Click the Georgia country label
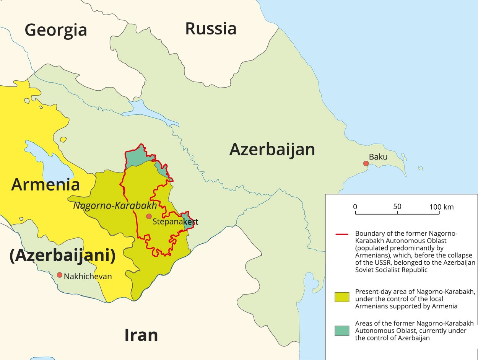tap(56, 30)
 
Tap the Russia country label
tap(211, 29)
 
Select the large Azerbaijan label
tap(272, 150)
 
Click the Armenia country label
tap(46, 184)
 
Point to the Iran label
tap(141, 335)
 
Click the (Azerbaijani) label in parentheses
tap(62, 256)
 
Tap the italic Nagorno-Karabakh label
tap(115, 206)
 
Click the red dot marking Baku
tap(366, 164)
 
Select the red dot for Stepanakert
tap(149, 217)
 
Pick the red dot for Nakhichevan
tap(59, 275)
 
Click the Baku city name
tap(378, 157)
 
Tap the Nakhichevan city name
tap(88, 276)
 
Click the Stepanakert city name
tap(175, 222)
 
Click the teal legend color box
tap(342, 331)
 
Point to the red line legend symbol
tap(342, 234)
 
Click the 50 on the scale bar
tap(397, 207)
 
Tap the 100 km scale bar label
tap(441, 207)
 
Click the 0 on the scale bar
tap(355, 207)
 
